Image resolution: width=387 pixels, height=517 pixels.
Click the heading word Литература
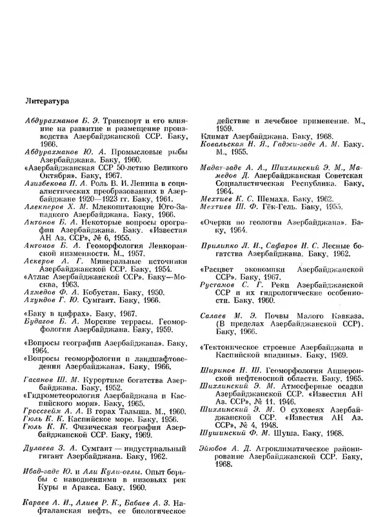(48, 101)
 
